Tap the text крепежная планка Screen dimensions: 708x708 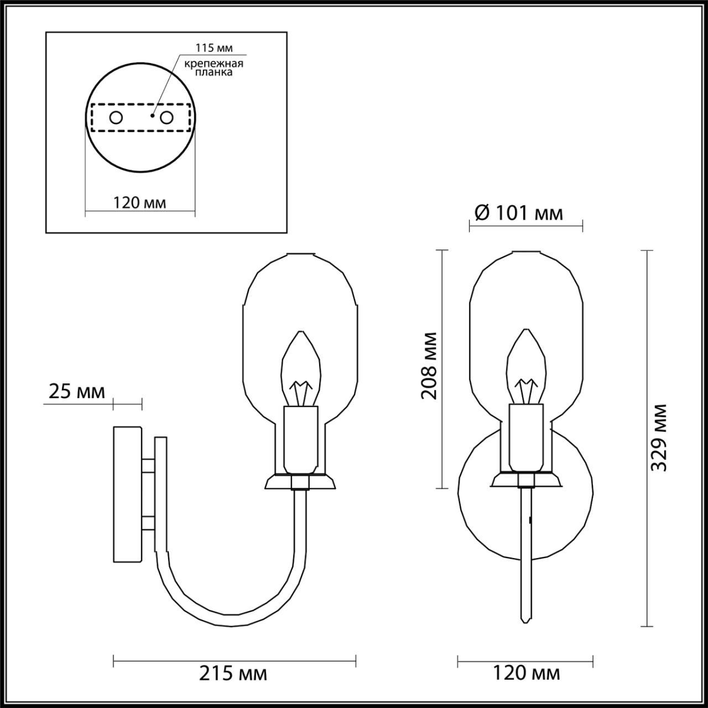click(215, 68)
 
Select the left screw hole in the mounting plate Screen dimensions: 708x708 click(116, 118)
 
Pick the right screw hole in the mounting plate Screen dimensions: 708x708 click(166, 118)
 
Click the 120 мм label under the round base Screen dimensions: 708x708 click(140, 202)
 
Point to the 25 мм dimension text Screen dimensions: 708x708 click(76, 392)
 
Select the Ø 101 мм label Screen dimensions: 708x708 click(519, 212)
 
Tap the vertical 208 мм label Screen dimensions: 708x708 click(429, 365)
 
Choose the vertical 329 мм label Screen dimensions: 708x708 click(659, 437)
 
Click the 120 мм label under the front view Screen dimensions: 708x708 click(526, 673)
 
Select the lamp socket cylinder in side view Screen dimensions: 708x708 click(301, 437)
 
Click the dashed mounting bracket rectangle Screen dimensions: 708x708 click(140, 118)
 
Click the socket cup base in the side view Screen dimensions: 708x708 click(300, 482)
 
